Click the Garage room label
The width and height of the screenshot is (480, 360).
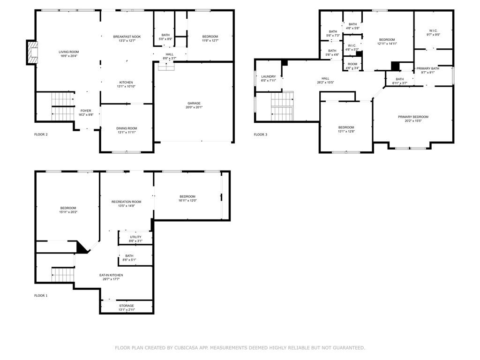pos(194,105)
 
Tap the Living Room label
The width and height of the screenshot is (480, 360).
pos(68,54)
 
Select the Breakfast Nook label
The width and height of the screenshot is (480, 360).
pos(127,38)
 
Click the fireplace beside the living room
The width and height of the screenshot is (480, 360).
pos(31,52)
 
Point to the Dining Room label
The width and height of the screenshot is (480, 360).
pos(127,130)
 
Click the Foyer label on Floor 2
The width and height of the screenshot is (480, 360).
pos(86,112)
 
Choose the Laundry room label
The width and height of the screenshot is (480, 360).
pos(269,78)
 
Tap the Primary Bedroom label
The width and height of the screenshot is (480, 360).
pos(413,119)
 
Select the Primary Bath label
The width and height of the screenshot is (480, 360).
pos(428,70)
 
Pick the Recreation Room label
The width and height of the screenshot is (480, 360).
pos(126,203)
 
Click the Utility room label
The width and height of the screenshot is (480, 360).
pos(135,239)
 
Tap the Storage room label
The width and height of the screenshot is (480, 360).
pos(126,307)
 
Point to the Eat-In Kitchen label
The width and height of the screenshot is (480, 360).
pos(111,277)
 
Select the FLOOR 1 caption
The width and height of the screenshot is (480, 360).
pos(41,296)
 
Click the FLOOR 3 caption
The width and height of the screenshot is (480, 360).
pos(261,135)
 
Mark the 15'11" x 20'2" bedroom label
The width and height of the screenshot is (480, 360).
pos(68,210)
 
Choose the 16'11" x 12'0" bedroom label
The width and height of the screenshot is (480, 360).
pos(187,198)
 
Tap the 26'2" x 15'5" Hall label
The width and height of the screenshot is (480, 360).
pos(325,80)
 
